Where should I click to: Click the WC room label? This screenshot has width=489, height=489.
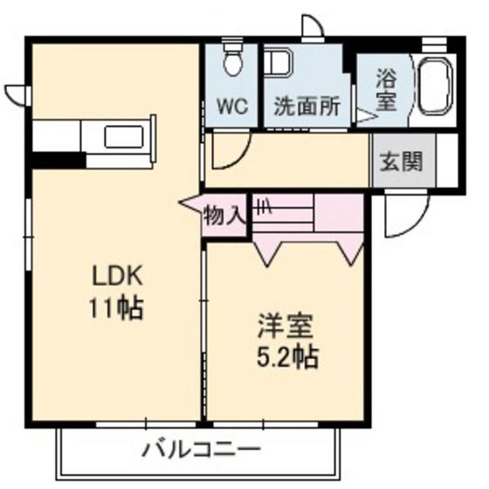point(232,108)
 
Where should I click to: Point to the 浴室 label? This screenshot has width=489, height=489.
point(386,88)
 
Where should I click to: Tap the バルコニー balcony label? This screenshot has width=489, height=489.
point(200,451)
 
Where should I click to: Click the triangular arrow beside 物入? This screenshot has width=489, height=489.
point(191,204)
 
